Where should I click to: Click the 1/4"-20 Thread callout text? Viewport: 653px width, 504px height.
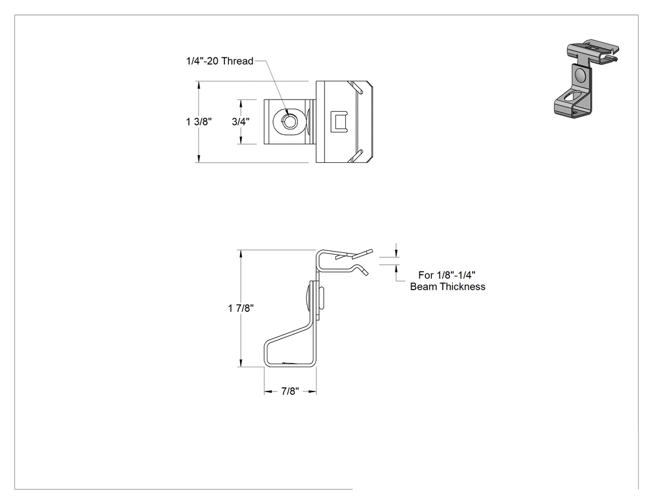(x=220, y=61)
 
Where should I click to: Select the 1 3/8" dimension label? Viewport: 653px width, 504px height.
(x=198, y=122)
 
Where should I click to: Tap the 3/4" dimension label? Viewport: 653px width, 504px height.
(x=241, y=122)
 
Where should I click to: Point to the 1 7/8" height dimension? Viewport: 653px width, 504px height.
(x=241, y=308)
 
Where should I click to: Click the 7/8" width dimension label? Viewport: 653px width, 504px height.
(x=290, y=392)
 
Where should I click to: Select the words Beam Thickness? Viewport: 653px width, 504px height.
(x=448, y=286)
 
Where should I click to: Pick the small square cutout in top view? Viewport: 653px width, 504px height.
(x=338, y=122)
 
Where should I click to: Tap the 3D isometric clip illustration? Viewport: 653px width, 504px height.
(x=586, y=79)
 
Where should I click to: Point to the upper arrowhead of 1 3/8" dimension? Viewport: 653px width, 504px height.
(x=198, y=85)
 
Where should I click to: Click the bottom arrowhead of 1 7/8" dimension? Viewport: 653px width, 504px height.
(x=241, y=364)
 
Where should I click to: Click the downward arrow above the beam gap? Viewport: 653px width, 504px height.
(x=396, y=254)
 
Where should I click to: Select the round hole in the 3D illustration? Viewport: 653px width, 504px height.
(x=580, y=75)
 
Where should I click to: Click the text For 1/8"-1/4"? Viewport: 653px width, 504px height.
(x=447, y=275)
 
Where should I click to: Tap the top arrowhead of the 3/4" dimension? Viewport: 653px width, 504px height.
(x=241, y=103)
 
